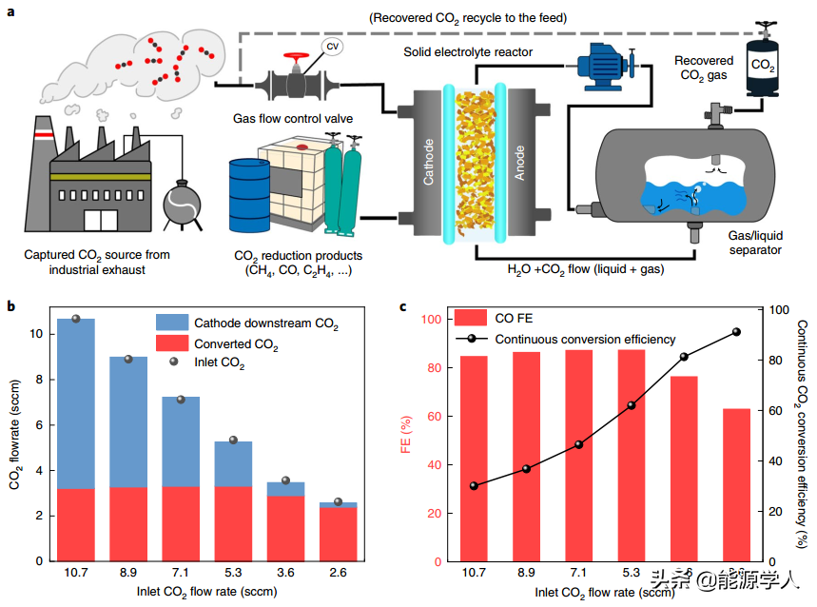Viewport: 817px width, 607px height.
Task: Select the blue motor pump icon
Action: (601, 66)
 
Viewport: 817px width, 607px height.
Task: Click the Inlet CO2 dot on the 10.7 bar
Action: (76, 319)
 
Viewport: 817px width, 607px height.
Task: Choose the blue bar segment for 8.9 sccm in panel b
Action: (129, 422)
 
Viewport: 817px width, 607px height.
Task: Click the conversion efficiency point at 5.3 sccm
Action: (632, 405)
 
